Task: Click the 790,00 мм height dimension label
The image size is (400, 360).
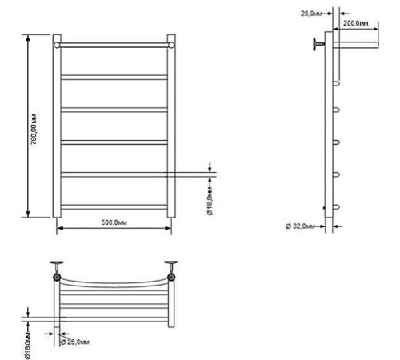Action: click(x=34, y=130)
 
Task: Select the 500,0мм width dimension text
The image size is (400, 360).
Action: click(x=114, y=222)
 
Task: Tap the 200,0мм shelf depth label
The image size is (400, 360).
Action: click(x=356, y=23)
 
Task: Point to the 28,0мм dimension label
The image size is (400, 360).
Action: click(x=311, y=14)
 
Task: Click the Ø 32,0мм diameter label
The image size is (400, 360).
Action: click(x=301, y=226)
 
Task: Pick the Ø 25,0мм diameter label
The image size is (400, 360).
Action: click(x=74, y=342)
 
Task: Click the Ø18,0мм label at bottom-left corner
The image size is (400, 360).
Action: click(x=28, y=346)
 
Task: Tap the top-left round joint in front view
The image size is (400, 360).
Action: click(x=57, y=45)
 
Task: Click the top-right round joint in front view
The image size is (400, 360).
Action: click(x=171, y=45)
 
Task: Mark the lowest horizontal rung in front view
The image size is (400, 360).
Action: click(x=114, y=207)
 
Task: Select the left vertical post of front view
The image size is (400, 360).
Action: click(x=57, y=126)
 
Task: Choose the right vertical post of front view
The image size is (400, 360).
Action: click(x=171, y=126)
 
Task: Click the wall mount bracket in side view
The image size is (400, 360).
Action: click(x=318, y=44)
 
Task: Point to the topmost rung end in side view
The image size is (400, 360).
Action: click(x=337, y=83)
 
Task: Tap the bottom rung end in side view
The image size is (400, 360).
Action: click(x=337, y=207)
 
